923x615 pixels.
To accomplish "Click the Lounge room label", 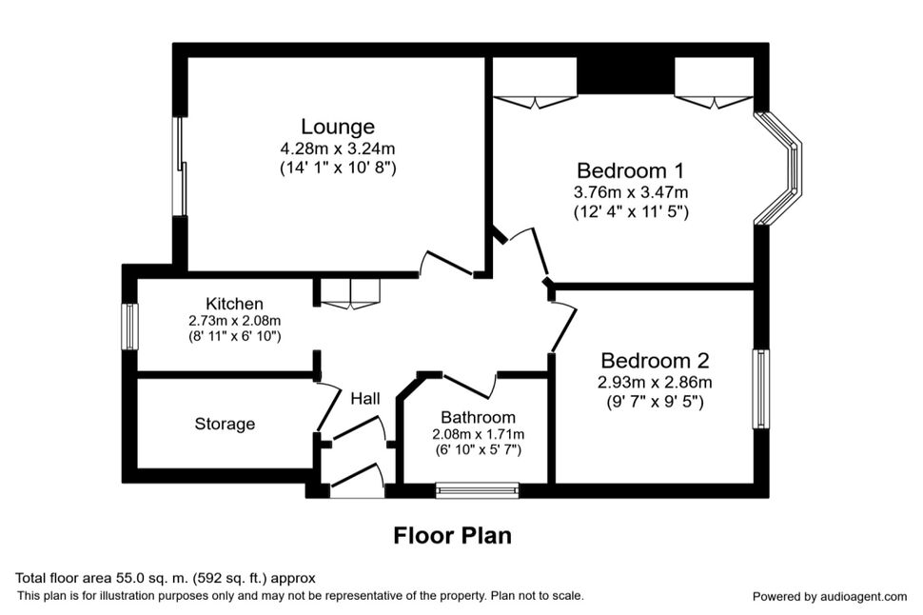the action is [x=338, y=127].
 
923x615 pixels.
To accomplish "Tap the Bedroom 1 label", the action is [x=631, y=170].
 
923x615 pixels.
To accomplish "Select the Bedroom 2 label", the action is [x=655, y=361].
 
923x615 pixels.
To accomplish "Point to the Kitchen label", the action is [x=234, y=304].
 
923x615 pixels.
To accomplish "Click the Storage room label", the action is [x=225, y=425].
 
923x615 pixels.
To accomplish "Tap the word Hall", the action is [x=365, y=399].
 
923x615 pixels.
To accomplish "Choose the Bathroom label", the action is [x=478, y=418].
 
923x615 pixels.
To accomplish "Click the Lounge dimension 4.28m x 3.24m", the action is [x=338, y=149].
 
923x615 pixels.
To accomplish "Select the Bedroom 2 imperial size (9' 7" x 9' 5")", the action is [x=655, y=403].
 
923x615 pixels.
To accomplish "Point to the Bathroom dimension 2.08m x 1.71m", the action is [x=478, y=435].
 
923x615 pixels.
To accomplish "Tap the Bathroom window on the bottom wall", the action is [x=478, y=490].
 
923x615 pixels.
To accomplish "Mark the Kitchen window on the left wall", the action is [x=129, y=327].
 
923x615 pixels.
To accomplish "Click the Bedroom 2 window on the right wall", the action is [x=761, y=389].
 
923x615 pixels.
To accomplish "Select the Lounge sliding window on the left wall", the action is [x=180, y=167].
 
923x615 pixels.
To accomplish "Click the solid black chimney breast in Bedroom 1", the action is [x=625, y=75].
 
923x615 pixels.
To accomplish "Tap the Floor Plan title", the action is [x=452, y=536].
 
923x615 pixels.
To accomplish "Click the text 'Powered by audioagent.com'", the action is [x=830, y=597].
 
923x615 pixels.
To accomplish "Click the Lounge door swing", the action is [x=445, y=264].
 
